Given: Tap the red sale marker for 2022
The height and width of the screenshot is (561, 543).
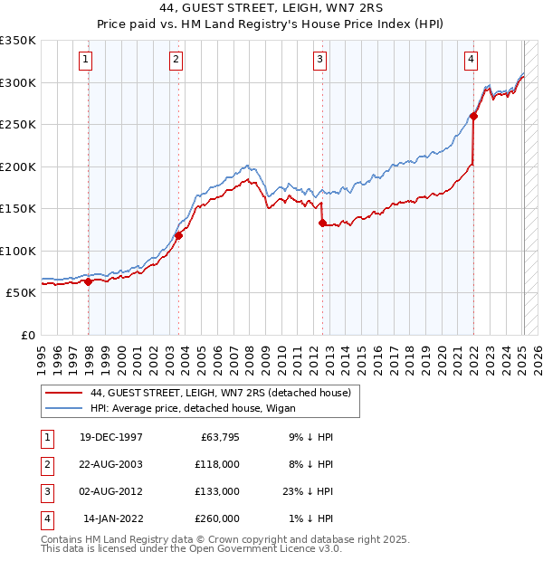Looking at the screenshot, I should (x=473, y=115).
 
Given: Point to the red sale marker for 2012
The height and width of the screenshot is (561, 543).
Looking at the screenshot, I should (x=322, y=223).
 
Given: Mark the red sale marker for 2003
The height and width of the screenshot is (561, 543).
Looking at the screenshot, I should (x=179, y=235).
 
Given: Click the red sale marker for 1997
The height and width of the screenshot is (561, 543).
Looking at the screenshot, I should (x=89, y=281).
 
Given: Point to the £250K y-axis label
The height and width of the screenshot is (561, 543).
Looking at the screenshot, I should (x=18, y=124).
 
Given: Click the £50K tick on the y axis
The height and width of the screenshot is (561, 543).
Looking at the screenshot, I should (x=21, y=292).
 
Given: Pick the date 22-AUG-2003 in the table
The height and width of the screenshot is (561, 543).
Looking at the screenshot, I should (x=110, y=464).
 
